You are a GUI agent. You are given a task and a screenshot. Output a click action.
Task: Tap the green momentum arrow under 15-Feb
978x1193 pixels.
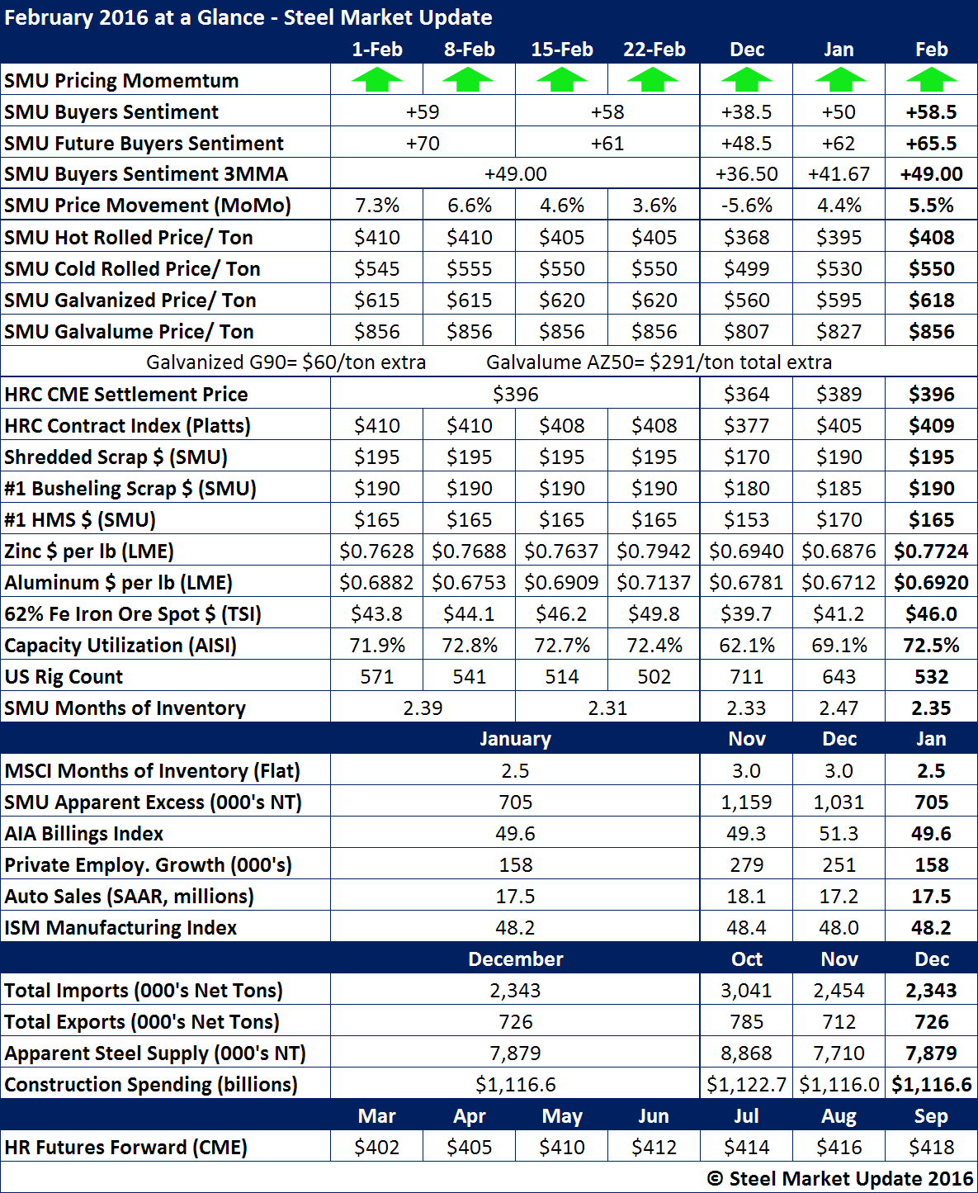click(x=561, y=81)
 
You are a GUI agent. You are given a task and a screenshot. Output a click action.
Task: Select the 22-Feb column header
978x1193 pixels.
click(x=654, y=50)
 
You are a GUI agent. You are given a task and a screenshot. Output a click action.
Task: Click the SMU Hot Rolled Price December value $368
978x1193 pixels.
click(x=746, y=238)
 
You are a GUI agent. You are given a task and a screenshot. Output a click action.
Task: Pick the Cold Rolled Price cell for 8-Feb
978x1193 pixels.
click(x=469, y=269)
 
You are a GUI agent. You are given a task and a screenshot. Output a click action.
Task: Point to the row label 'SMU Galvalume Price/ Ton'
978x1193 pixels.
click(x=129, y=332)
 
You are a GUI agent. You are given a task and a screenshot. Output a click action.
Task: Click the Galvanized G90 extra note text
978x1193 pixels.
click(x=286, y=362)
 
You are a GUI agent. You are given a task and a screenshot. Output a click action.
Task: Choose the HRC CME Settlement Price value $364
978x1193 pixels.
click(x=746, y=395)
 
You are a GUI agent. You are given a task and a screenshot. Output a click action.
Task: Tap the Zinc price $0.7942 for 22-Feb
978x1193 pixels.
click(x=654, y=552)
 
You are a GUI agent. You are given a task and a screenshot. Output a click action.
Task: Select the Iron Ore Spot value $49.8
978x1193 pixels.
click(x=654, y=614)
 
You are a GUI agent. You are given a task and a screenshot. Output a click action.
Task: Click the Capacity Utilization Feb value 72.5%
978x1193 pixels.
click(x=931, y=646)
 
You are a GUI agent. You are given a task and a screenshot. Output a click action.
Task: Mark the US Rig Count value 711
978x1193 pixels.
click(x=746, y=677)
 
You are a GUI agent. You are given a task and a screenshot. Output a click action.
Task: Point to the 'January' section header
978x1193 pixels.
click(x=515, y=739)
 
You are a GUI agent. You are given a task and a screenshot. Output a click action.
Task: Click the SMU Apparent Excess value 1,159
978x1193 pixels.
click(x=746, y=802)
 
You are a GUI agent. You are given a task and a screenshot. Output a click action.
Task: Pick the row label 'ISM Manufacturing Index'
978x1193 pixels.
click(x=120, y=928)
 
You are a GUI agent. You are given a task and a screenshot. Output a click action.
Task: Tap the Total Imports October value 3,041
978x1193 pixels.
click(x=746, y=991)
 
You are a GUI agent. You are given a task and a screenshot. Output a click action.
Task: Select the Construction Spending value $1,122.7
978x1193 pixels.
click(x=746, y=1085)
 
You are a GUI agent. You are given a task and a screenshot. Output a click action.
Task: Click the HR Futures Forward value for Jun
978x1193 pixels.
click(x=654, y=1148)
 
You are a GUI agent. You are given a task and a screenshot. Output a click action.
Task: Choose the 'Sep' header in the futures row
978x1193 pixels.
click(x=931, y=1116)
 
